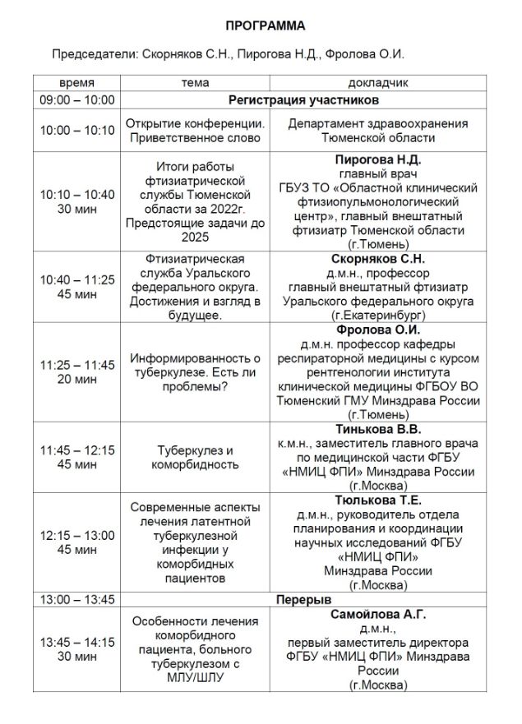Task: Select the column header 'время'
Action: point(76,83)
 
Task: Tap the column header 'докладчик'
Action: point(378,83)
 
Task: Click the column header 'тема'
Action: point(195,83)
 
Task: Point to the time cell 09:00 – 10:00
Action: point(77,99)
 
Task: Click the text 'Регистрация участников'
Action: point(303,99)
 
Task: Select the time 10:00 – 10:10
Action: point(77,131)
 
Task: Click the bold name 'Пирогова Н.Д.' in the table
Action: point(378,159)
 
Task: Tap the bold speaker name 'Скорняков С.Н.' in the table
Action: point(378,259)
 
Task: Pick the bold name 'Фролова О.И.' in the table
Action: point(378,330)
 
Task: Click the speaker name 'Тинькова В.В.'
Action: point(378,429)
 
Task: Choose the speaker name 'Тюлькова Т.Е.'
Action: point(378,500)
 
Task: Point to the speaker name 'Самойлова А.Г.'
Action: point(378,614)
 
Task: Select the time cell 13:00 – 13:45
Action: point(77,599)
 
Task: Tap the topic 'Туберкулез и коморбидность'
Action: point(195,458)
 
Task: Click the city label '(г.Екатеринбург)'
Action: point(378,315)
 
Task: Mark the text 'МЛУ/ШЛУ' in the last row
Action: point(195,678)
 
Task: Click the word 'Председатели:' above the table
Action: point(90,54)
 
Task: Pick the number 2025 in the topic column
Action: point(195,237)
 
